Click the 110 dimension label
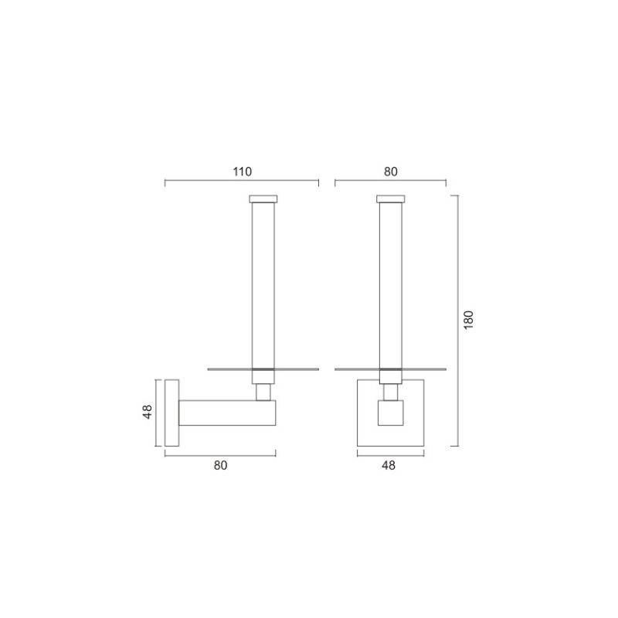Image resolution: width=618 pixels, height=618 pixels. pos(242,171)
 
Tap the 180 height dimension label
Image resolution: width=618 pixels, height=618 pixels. pos(468,320)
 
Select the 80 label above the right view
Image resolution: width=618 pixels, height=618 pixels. pos(391,171)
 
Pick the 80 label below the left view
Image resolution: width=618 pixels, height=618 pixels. pos(220,466)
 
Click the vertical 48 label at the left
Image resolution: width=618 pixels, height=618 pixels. pos(148,413)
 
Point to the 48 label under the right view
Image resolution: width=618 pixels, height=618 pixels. pos(389,466)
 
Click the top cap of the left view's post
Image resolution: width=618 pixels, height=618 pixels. pos(263,199)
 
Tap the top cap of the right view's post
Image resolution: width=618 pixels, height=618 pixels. pos(391,199)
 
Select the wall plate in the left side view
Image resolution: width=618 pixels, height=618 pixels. pos(171,413)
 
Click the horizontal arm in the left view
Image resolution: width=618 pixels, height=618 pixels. pos(227,413)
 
